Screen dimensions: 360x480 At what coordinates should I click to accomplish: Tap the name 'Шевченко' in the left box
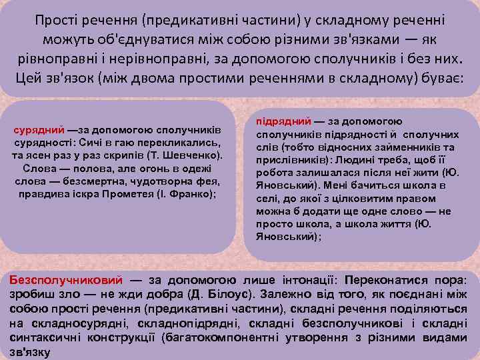188,155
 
